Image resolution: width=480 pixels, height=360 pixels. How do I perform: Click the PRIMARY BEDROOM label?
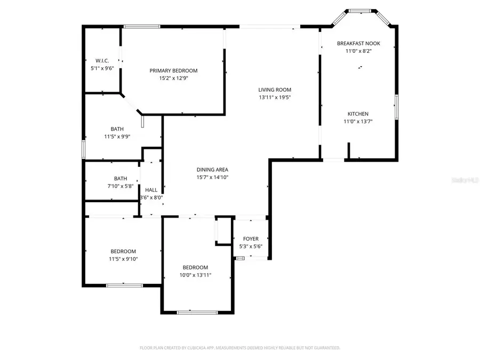point(173,71)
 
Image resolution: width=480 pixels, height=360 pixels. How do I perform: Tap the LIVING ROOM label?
point(275,90)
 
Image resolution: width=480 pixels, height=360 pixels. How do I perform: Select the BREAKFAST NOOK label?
point(358,43)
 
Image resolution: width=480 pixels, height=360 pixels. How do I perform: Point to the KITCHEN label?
point(358,114)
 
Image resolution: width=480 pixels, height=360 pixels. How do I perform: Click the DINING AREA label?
point(212,170)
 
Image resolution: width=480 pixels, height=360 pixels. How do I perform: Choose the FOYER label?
point(251,239)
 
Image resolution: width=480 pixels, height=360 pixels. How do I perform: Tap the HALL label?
point(151,190)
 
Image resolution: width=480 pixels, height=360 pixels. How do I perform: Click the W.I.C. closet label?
point(102,61)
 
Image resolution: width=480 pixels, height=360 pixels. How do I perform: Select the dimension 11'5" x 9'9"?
point(117,137)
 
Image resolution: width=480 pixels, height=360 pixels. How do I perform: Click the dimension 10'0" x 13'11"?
point(196,275)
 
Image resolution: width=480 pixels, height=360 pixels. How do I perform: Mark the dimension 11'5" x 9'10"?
point(123,259)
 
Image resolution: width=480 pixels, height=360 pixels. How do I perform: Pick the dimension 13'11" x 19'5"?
point(275,98)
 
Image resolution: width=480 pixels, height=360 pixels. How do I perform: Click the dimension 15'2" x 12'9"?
point(173,78)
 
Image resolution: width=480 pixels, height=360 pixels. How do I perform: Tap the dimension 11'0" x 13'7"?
point(358,122)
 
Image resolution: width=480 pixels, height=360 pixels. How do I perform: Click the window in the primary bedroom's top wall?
point(141,26)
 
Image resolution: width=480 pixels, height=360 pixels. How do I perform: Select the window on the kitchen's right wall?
point(396,107)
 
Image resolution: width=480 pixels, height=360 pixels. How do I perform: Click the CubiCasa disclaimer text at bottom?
point(240,348)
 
